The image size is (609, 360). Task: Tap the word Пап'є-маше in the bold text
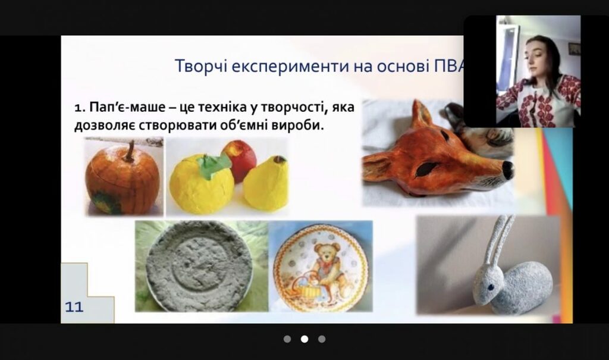coord(127,107)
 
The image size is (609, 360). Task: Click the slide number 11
coord(74,307)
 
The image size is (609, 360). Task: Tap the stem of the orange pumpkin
coord(129,152)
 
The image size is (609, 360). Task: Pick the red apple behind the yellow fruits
coord(240,159)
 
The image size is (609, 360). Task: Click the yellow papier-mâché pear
coord(266,183)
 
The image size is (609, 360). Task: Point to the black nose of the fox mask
coord(508,170)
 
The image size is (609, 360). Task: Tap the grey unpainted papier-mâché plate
coord(199,267)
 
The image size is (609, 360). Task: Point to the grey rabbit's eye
coord(491,287)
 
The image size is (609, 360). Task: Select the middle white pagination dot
coord(304,339)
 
